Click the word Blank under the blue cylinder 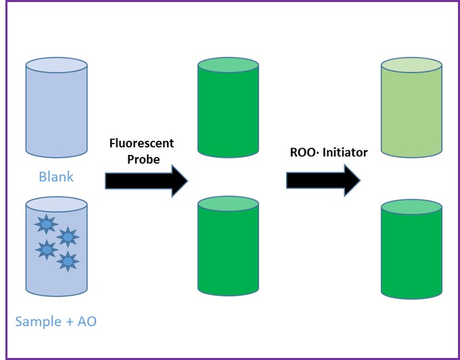(56, 177)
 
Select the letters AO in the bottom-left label (86, 321)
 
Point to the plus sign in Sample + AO (69, 321)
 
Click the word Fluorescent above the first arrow (142, 143)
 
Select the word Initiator (345, 152)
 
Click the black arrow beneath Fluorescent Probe (145, 180)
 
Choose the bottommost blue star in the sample (68, 261)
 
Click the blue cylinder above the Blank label (56, 115)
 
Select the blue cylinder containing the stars (56, 250)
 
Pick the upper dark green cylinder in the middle (228, 112)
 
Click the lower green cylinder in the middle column (228, 250)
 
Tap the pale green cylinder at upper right (411, 112)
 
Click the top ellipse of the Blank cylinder (56, 66)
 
